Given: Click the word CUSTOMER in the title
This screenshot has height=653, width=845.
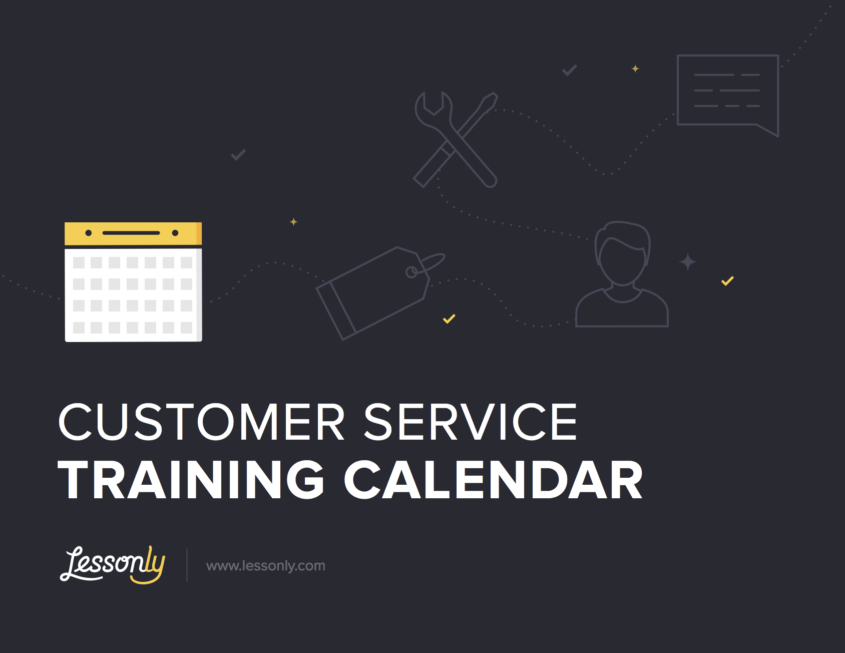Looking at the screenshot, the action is point(202,422).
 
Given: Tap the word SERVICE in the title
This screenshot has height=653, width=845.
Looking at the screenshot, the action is point(471,422).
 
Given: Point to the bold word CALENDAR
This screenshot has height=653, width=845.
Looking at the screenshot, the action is point(494,480).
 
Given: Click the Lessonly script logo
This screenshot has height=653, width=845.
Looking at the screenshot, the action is point(112,565).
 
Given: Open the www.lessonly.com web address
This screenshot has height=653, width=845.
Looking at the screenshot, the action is point(266,566).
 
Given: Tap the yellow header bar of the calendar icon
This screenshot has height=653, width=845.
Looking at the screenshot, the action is point(133,233).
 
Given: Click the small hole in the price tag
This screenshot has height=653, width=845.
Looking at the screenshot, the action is point(411,272).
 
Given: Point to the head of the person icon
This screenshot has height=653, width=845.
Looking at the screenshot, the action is point(622,253).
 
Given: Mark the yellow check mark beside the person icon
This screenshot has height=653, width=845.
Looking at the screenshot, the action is point(727,281).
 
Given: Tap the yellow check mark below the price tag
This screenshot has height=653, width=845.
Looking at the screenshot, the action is point(449,318).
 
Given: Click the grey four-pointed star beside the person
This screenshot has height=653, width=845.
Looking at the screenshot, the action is point(688,262).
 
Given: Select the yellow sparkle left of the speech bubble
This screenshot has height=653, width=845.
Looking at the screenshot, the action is point(635,69).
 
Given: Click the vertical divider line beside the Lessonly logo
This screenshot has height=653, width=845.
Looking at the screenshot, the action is point(187,565).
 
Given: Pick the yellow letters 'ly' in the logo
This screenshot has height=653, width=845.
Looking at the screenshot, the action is point(150,565).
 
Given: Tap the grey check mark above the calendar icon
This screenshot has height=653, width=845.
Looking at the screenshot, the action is point(238,155).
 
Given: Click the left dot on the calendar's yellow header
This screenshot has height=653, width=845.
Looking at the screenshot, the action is point(89,233).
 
